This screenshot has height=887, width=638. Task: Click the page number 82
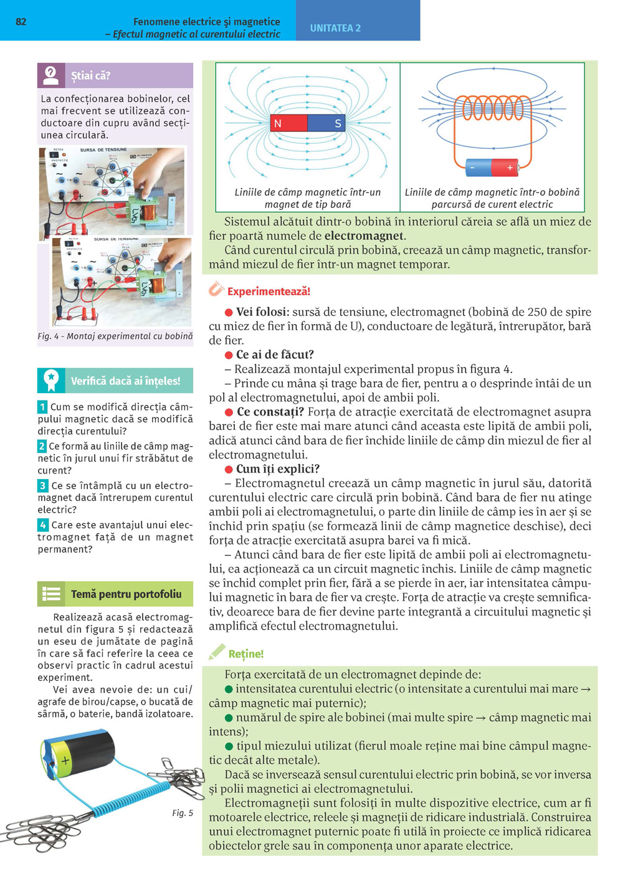[x=21, y=22]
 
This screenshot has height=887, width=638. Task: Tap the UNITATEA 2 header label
[x=335, y=28]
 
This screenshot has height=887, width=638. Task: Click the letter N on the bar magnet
[x=278, y=123]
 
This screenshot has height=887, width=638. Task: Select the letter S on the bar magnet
[x=338, y=123]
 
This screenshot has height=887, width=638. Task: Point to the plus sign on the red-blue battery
[x=510, y=168]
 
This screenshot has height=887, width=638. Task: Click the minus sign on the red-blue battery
[x=473, y=168]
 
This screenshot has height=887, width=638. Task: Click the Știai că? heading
[x=90, y=76]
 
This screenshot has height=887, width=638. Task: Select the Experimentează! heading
[x=269, y=292]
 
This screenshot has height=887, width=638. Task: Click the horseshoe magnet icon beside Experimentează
[x=216, y=289]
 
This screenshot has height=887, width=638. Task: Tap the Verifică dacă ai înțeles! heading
[x=125, y=381]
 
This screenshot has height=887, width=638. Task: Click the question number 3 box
[x=42, y=485]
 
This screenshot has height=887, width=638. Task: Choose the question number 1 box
[x=42, y=407]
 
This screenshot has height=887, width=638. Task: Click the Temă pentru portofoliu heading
[x=126, y=594]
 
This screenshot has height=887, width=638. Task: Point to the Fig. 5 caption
[x=183, y=813]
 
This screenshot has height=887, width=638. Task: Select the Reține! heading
[x=245, y=654]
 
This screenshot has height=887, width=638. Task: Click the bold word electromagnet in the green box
[x=364, y=236]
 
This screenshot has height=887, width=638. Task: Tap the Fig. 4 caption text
[x=115, y=336]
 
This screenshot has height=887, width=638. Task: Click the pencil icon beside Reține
[x=216, y=652]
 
